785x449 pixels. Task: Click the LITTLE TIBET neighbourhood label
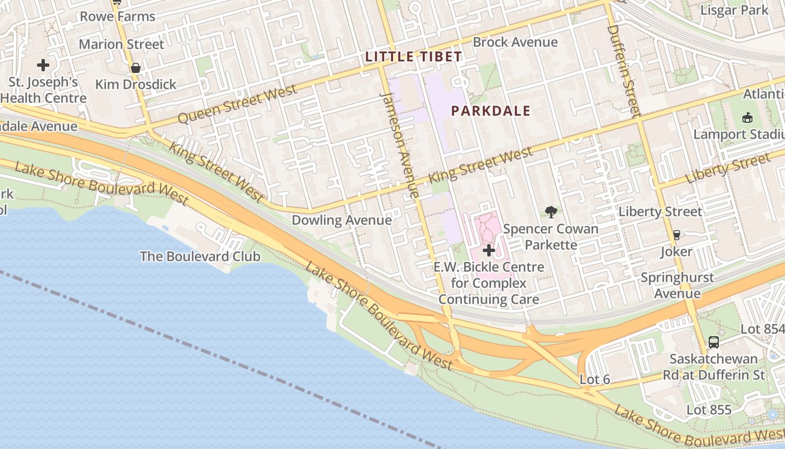pos(413,57)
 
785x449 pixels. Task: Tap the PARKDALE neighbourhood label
pos(491,111)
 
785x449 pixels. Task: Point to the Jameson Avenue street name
pos(399,145)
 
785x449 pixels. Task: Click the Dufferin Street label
pos(623,70)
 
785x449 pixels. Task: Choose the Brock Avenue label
pos(515,42)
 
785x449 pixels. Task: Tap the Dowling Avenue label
pos(341,220)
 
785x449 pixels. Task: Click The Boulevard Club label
pos(200,256)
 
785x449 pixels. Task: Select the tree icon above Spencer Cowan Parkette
pos(551,212)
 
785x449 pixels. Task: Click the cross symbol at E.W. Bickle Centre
pos(489,250)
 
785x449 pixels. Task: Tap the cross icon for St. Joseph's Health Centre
pos(43,65)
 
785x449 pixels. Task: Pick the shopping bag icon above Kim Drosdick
pos(135,68)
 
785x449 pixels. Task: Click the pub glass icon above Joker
pos(676,235)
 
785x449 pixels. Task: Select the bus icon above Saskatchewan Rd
pos(713,342)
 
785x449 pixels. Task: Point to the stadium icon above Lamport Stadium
pos(747,117)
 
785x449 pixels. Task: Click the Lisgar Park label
pos(735,10)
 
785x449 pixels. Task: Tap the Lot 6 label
pos(594,379)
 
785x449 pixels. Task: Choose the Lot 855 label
pos(709,410)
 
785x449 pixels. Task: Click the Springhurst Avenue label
pos(677,285)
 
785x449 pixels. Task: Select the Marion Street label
pos(121,44)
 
